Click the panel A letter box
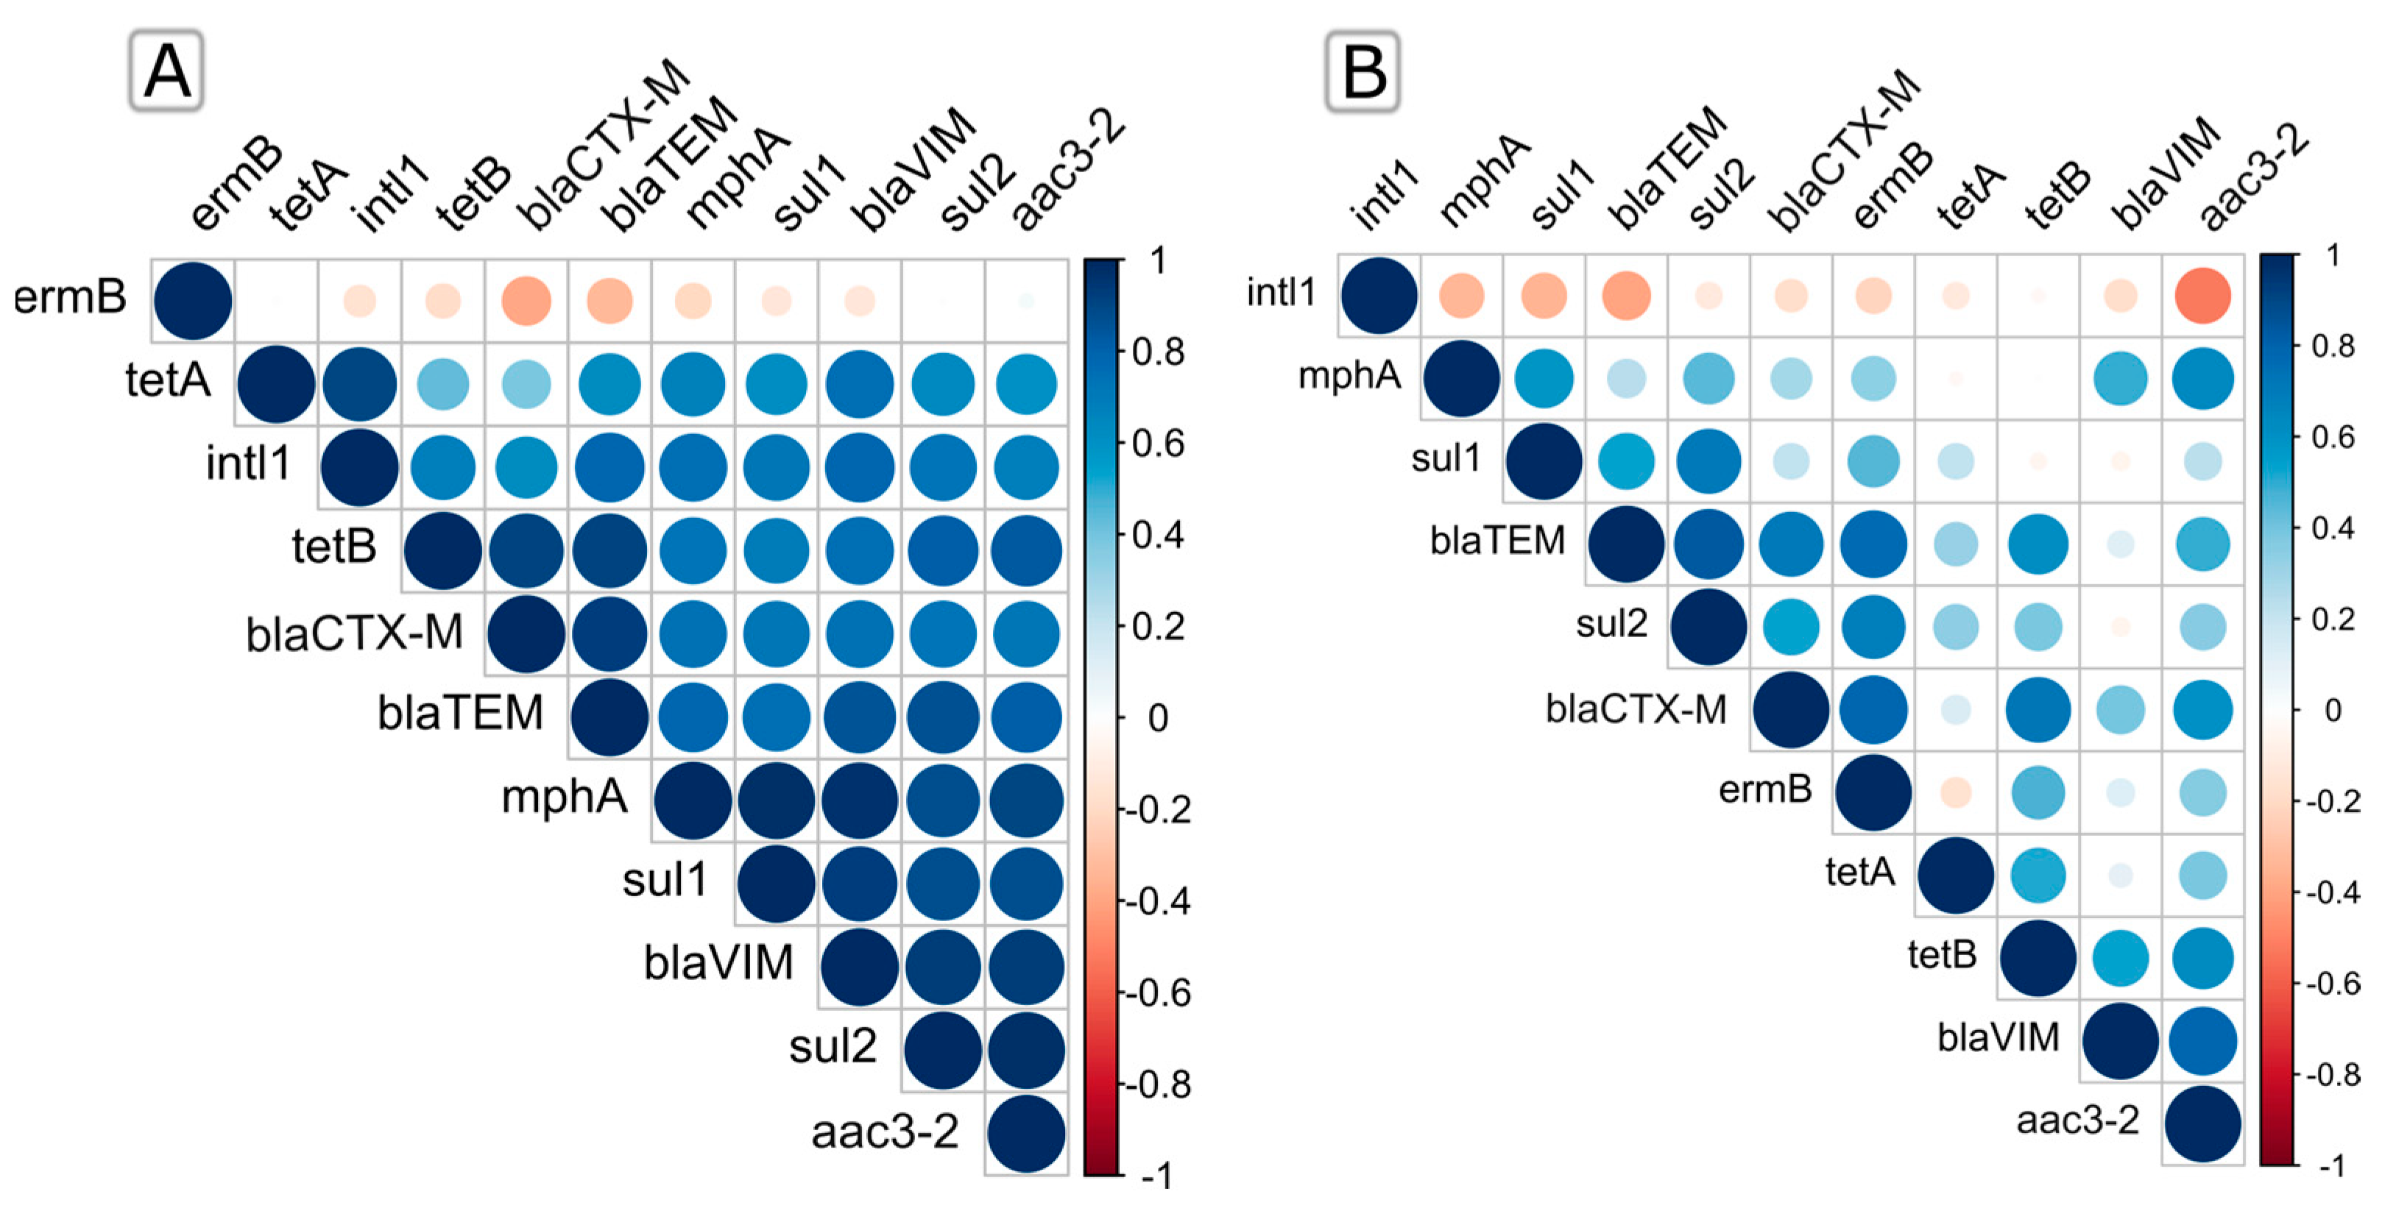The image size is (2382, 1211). pyautogui.click(x=166, y=71)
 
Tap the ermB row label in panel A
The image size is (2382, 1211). pyautogui.click(x=70, y=298)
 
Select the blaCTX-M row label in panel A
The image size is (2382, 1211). pyautogui.click(x=354, y=634)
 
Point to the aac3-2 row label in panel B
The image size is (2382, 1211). pyautogui.click(x=2078, y=1121)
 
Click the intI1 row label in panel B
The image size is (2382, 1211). pyautogui.click(x=1281, y=293)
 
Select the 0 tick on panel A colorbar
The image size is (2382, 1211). pyautogui.click(x=1158, y=718)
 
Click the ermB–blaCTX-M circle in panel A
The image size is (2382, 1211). pyautogui.click(x=526, y=300)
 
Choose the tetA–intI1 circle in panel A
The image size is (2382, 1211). pyautogui.click(x=360, y=383)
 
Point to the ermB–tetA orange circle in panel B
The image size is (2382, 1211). pyautogui.click(x=1956, y=792)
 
